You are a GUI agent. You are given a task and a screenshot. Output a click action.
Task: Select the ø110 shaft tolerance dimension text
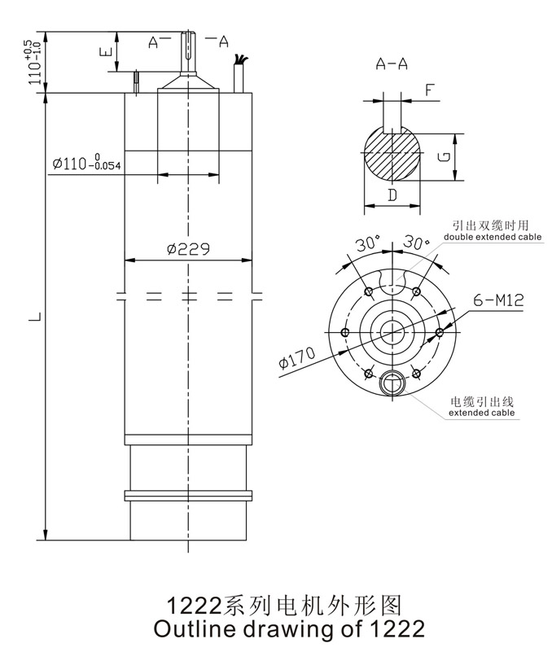(86, 164)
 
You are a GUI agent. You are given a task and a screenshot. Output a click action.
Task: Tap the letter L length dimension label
(32, 315)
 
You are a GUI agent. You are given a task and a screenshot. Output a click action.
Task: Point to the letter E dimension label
(104, 53)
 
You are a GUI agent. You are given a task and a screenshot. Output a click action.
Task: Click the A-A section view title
(392, 64)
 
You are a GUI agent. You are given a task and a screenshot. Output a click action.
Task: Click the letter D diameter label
(392, 195)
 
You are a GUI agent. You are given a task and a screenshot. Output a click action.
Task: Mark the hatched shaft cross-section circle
(392, 157)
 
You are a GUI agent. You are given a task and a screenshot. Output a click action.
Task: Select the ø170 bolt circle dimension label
(295, 359)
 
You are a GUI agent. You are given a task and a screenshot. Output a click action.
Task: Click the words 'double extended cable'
(492, 238)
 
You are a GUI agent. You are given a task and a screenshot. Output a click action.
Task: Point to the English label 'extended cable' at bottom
(482, 414)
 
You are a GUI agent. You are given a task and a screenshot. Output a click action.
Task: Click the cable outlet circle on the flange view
(392, 381)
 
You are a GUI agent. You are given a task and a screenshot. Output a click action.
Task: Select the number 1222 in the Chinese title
(194, 606)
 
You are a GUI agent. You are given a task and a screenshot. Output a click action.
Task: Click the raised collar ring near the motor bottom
(188, 495)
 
